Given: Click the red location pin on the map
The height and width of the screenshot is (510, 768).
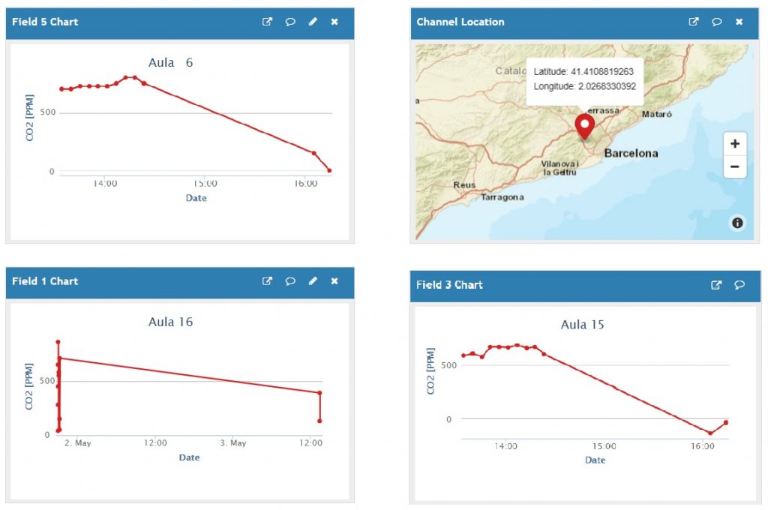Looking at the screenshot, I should point(583,125).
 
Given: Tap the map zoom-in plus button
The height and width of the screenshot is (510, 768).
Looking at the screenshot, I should point(734,144).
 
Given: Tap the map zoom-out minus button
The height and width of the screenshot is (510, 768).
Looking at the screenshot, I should point(734,166).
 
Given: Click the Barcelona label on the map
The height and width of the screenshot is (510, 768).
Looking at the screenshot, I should point(631,153).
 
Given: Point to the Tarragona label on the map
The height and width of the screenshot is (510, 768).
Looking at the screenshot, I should point(502,197).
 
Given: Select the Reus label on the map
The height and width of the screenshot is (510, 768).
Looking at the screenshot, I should point(464,184).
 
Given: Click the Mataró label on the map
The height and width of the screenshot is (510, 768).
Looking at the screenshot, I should point(657,115).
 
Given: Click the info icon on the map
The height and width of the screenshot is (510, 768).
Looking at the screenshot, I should point(737,222).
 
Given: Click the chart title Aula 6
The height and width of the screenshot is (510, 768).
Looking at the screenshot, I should point(170,62).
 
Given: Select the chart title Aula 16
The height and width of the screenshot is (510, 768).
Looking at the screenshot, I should point(170,322).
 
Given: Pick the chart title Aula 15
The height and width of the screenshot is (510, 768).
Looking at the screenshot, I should point(582,325).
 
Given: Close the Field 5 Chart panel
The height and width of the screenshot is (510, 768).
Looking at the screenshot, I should point(334,22).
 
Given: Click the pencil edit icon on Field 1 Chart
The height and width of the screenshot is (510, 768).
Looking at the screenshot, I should point(313,281).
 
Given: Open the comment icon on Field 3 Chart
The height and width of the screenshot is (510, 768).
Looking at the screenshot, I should point(739,285).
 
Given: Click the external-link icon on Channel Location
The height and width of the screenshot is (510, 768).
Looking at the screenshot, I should point(694,22).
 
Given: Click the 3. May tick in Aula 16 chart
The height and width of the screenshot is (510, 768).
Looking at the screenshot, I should point(232,442).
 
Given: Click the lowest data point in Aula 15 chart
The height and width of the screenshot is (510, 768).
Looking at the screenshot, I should point(710,433).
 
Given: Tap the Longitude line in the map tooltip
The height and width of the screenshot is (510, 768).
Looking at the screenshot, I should point(584,86).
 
